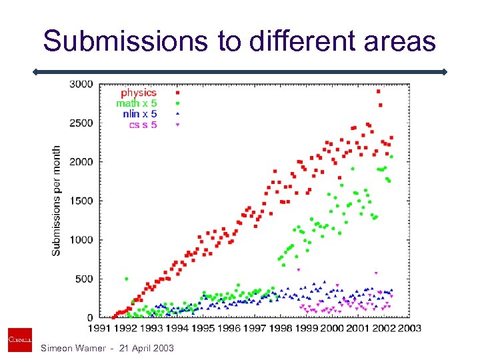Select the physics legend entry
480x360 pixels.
click(138, 93)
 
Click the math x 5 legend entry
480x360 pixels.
click(136, 103)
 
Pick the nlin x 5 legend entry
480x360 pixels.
click(139, 114)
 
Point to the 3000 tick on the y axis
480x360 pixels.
click(82, 84)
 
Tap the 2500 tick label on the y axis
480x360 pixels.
click(82, 123)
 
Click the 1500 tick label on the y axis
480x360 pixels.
click(82, 201)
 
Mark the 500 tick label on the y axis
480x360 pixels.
click(85, 279)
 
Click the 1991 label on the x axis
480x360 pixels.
click(100, 327)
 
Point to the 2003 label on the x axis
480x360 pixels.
click(409, 327)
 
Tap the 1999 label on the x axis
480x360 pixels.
click(306, 327)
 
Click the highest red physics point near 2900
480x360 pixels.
click(379, 91)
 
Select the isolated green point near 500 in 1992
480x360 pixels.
click(126, 279)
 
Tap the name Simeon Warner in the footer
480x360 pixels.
click(73, 349)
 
